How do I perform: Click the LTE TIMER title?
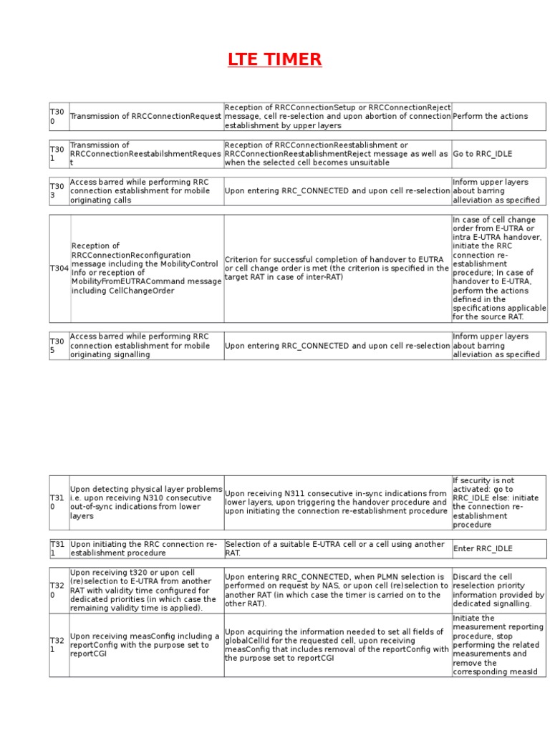(x=275, y=60)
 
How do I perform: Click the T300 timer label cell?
(x=59, y=116)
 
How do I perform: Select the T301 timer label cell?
(x=59, y=153)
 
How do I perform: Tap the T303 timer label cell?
(x=59, y=191)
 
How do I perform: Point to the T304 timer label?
(x=59, y=268)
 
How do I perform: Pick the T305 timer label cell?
(x=59, y=345)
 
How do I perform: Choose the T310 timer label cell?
(x=59, y=503)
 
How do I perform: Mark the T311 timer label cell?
(x=59, y=548)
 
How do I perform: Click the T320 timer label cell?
(x=59, y=590)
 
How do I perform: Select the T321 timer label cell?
(x=59, y=645)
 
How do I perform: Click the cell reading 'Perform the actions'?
(x=498, y=116)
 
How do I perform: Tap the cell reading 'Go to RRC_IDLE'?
(x=498, y=153)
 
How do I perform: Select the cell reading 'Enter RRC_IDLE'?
(x=498, y=548)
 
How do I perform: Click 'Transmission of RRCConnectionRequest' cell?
(x=146, y=116)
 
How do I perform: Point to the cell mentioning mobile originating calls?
(x=146, y=191)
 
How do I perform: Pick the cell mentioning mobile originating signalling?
(x=146, y=345)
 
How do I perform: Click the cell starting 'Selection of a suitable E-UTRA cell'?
(x=337, y=548)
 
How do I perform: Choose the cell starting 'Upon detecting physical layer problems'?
(x=146, y=503)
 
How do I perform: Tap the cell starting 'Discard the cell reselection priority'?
(x=498, y=590)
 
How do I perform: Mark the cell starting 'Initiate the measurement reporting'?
(x=498, y=645)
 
